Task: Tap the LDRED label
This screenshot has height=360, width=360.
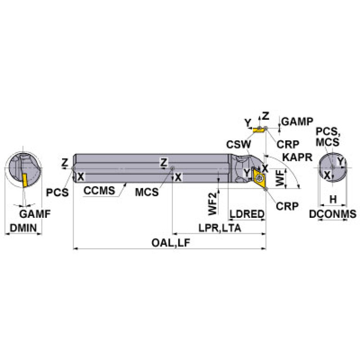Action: [247, 214]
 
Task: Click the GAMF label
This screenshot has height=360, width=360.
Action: [36, 214]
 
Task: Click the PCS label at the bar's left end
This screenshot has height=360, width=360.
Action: [57, 192]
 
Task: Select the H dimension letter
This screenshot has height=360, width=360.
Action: [333, 199]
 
